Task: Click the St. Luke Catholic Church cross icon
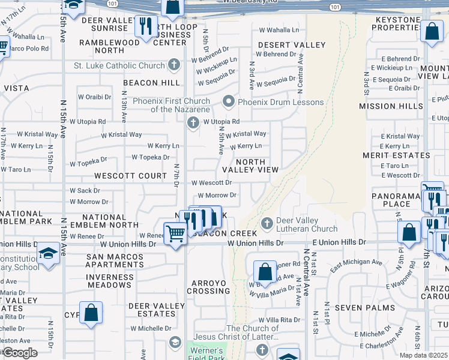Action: point(174,65)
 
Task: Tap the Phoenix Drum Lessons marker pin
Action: point(228,102)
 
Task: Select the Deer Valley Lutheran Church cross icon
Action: point(267,224)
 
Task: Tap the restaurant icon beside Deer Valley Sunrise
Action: point(145,26)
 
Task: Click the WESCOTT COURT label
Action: point(130,176)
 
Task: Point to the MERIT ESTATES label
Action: point(396,155)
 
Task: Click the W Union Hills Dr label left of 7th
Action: point(128,244)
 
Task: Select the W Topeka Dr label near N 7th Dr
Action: point(150,157)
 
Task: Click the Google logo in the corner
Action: point(20,353)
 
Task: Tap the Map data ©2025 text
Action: point(423,355)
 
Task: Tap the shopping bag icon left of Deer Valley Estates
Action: point(91,312)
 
